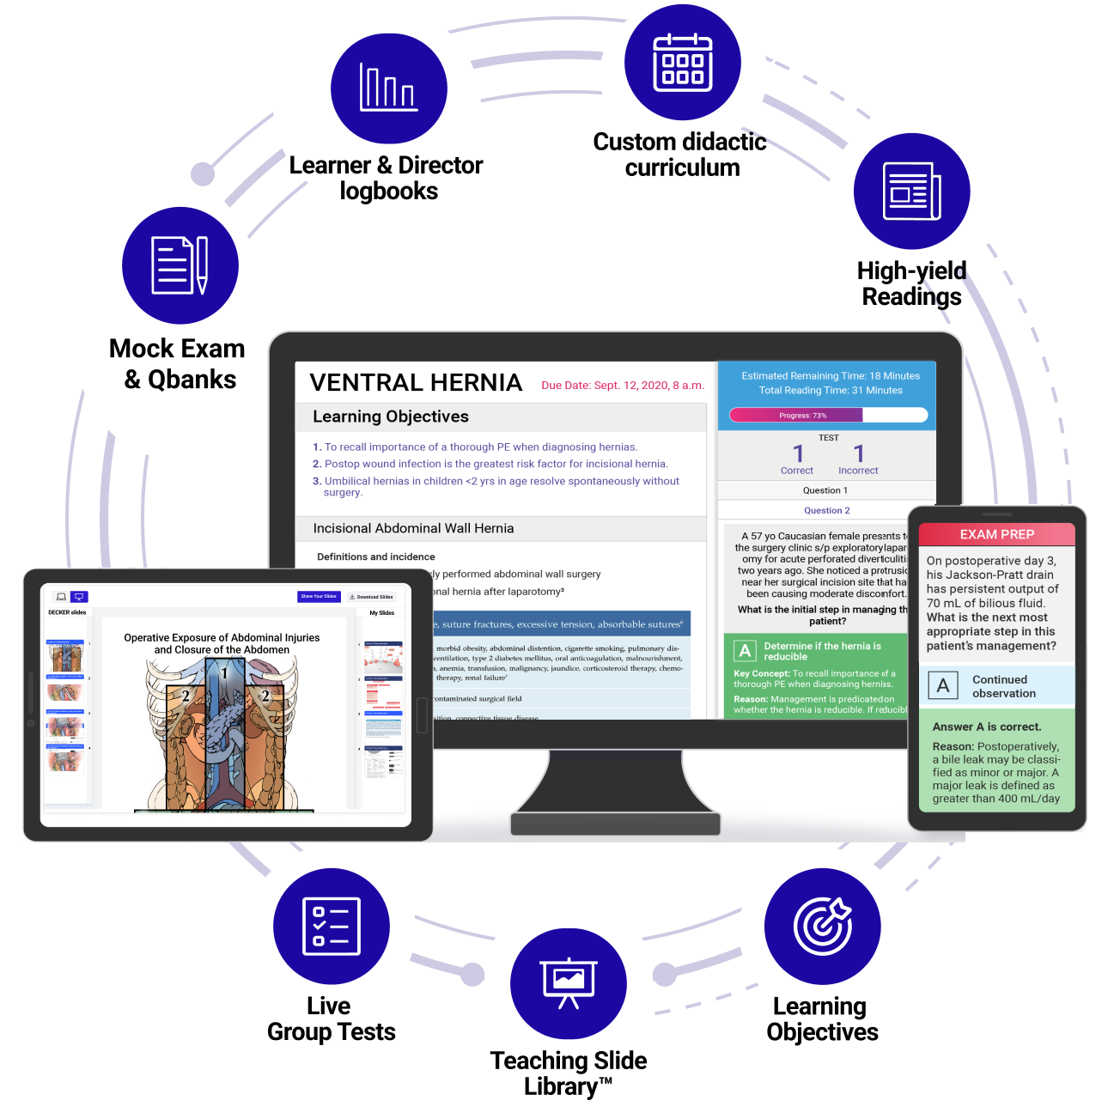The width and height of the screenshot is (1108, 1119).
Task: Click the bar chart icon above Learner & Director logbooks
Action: pyautogui.click(x=388, y=88)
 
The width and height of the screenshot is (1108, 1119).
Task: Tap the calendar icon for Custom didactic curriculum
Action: pyautogui.click(x=683, y=63)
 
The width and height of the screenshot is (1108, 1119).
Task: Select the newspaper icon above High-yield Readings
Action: pyautogui.click(x=911, y=192)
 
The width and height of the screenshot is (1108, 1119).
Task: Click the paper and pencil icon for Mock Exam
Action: pyautogui.click(x=180, y=265)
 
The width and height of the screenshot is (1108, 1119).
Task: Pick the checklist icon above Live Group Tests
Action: pyautogui.click(x=332, y=927)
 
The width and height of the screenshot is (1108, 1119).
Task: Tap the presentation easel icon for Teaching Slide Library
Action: pyautogui.click(x=569, y=983)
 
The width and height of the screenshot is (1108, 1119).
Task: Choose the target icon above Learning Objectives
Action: pyautogui.click(x=822, y=927)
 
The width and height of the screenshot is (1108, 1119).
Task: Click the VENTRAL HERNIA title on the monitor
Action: pyautogui.click(x=416, y=383)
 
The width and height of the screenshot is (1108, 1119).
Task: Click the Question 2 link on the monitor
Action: pyautogui.click(x=826, y=510)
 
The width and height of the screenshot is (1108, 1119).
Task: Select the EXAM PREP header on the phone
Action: pyautogui.click(x=996, y=534)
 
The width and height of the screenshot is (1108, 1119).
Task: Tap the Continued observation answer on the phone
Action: pyautogui.click(x=1003, y=686)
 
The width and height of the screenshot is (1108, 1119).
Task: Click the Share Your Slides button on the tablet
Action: pyautogui.click(x=319, y=596)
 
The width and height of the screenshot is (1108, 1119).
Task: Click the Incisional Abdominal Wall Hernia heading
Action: pyautogui.click(x=413, y=528)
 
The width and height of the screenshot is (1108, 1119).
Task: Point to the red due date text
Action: pyautogui.click(x=623, y=386)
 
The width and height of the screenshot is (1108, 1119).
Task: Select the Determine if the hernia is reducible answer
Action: pyautogui.click(x=822, y=651)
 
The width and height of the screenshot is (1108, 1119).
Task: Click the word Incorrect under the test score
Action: pyautogui.click(x=858, y=471)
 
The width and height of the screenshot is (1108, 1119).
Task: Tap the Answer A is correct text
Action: pyautogui.click(x=987, y=727)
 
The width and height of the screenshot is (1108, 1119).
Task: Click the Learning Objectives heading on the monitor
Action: pyautogui.click(x=391, y=417)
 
